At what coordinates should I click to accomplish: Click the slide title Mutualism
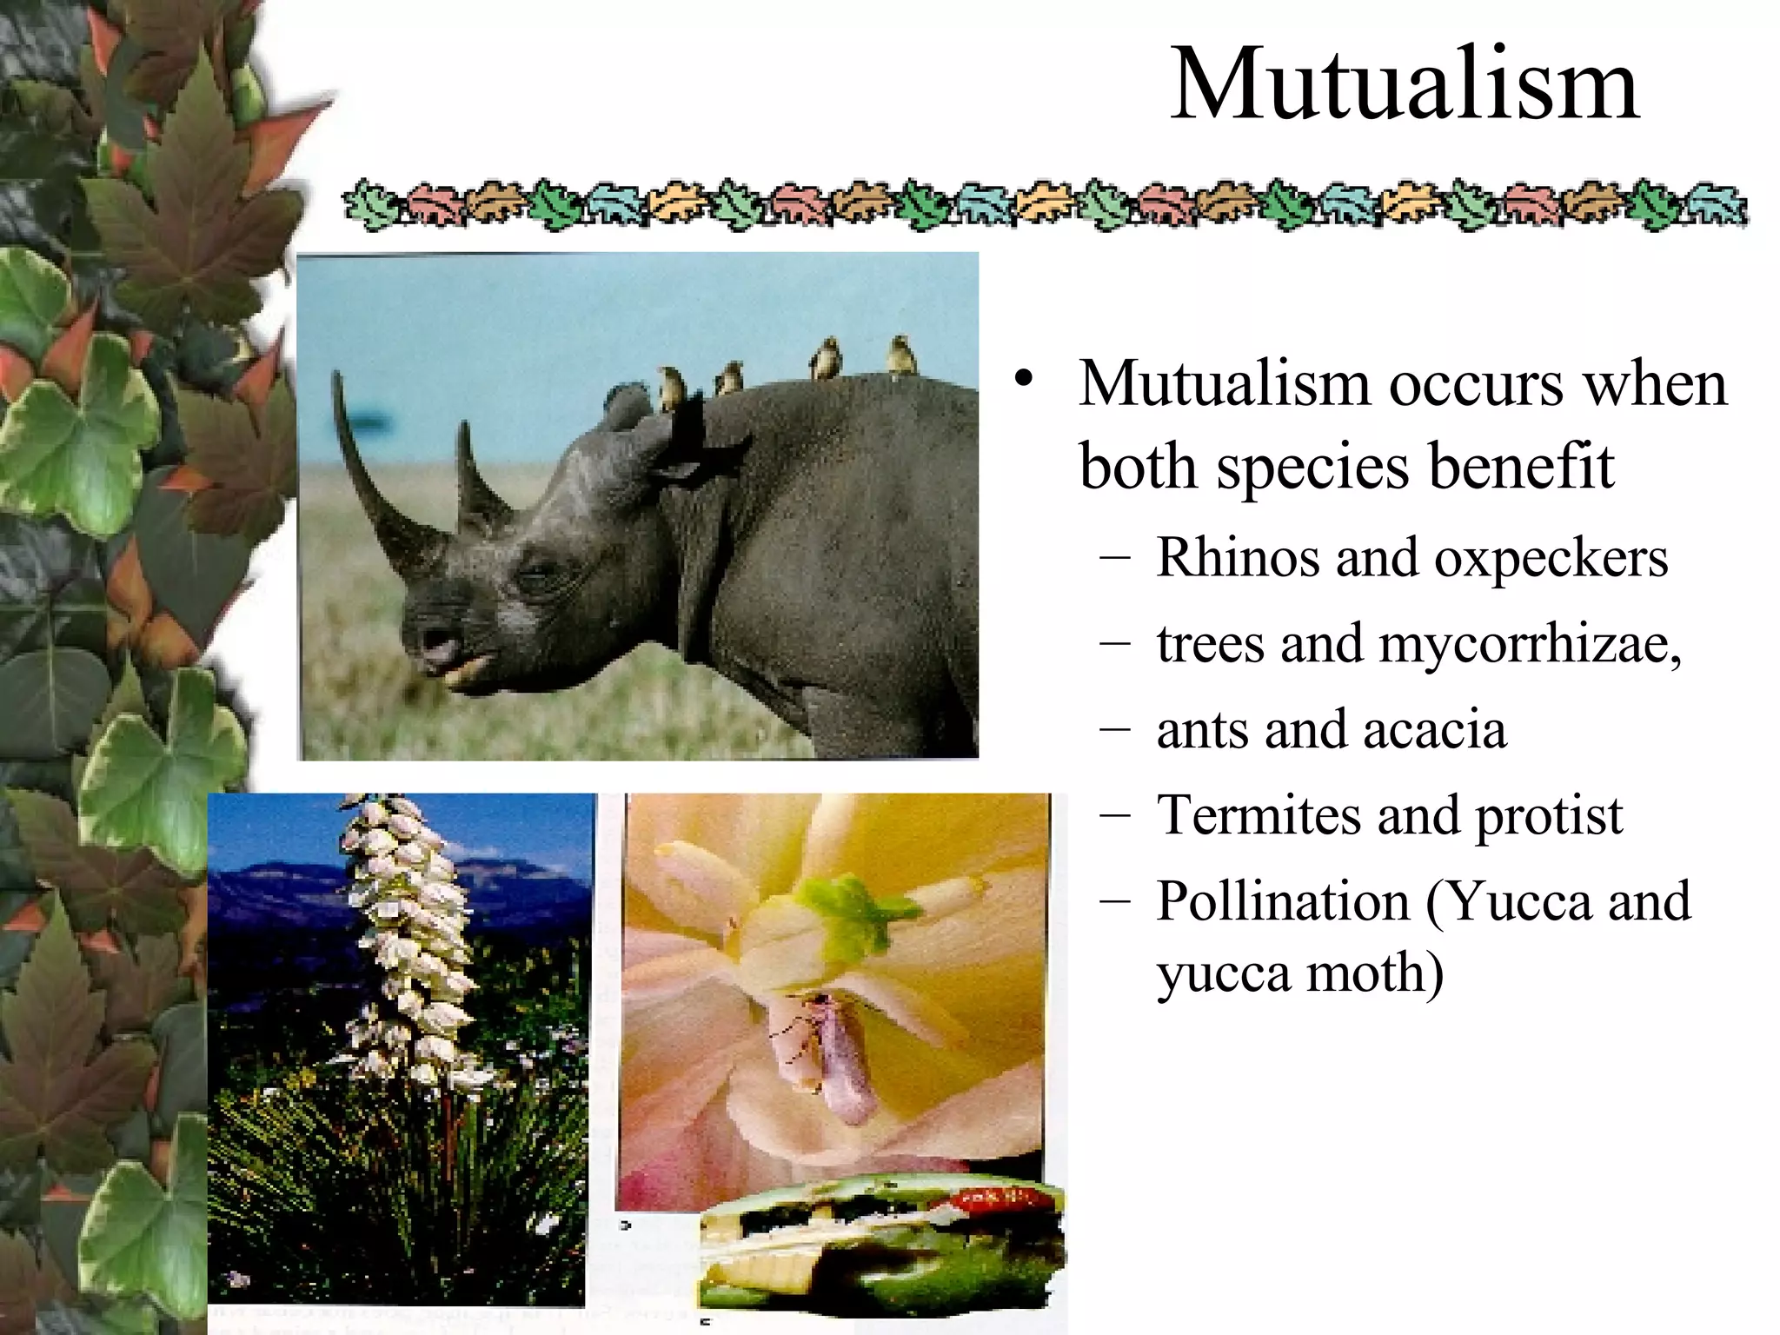click(1405, 85)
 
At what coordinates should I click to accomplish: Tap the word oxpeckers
click(1551, 557)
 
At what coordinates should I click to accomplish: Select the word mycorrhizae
click(1529, 644)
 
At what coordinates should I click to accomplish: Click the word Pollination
click(1283, 900)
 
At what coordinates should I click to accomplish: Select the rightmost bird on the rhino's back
click(901, 355)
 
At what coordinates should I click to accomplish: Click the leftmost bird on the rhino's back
click(670, 388)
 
